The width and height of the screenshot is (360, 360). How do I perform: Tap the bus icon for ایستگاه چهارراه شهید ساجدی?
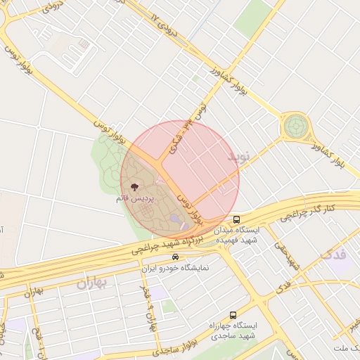click(232, 316)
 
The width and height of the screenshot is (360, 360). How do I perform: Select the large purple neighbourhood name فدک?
click(333, 252)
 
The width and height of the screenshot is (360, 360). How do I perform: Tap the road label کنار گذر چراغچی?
click(311, 208)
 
